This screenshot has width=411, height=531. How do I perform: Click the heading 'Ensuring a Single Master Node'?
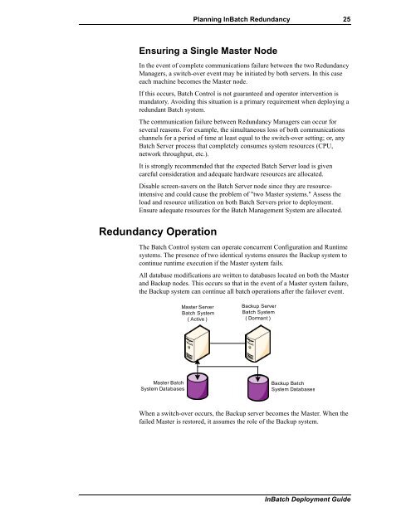[217, 50]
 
